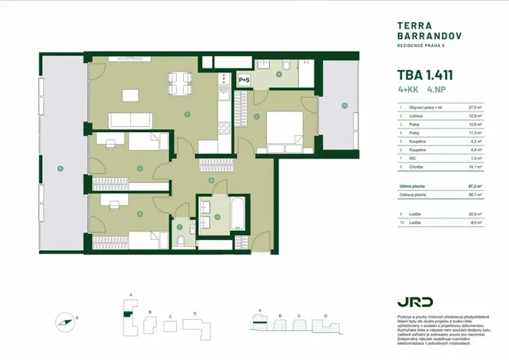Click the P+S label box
pos(244,79)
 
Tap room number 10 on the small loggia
pos(344,105)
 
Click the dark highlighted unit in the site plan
pos(127,315)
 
